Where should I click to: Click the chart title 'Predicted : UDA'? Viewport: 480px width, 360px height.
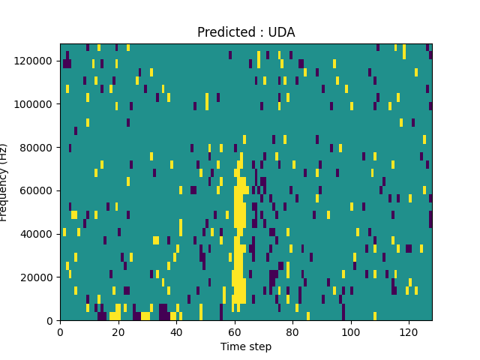coord(246,32)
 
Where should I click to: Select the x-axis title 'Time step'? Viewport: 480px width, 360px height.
coord(246,346)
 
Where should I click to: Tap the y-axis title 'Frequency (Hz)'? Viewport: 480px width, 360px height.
coord(5,182)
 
